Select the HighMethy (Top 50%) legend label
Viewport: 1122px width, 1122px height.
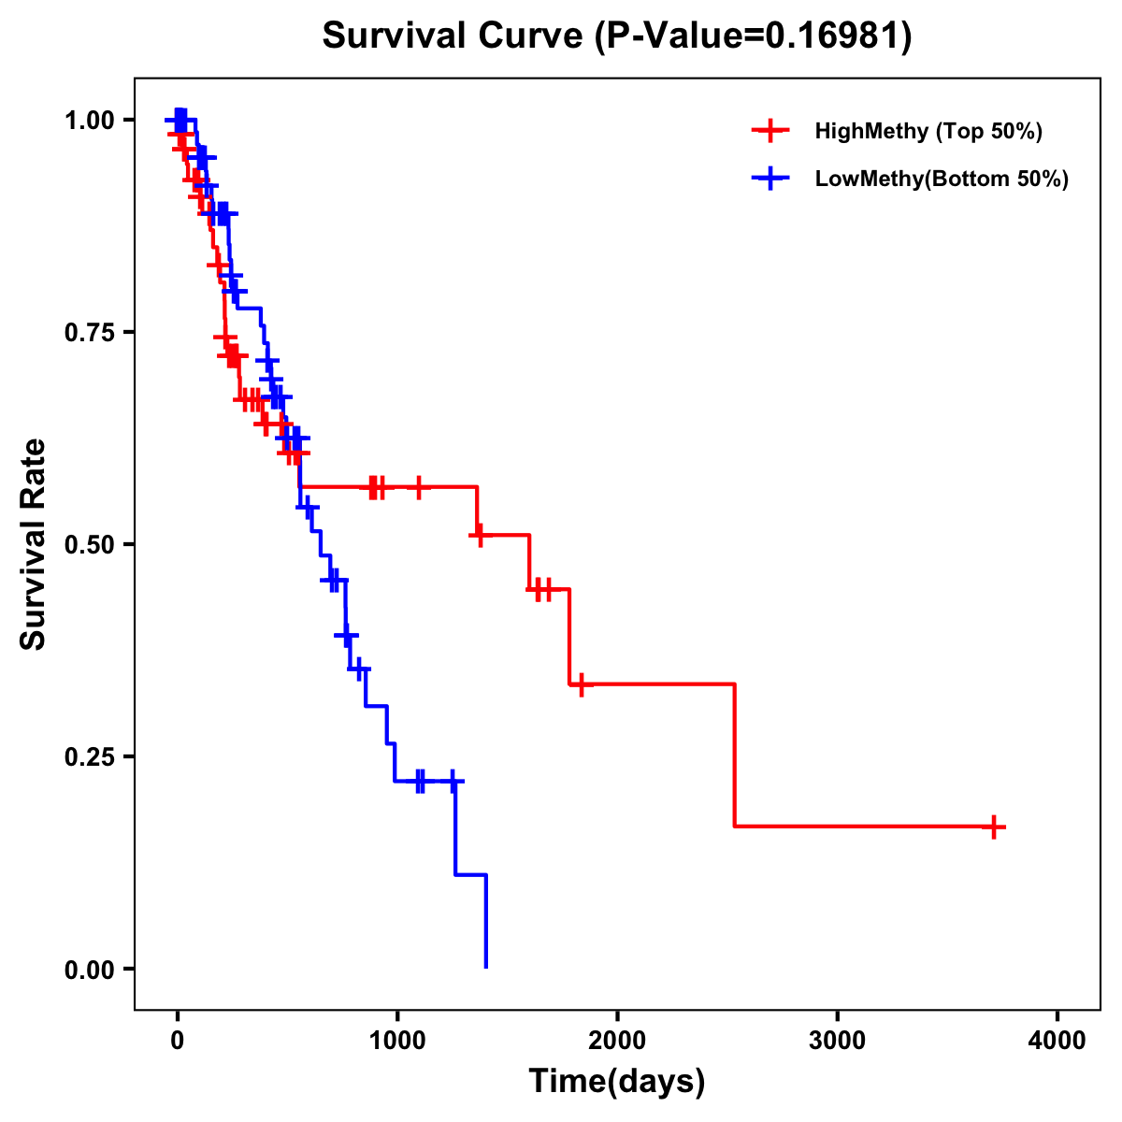928,131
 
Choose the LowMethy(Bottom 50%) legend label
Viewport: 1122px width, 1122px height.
942,179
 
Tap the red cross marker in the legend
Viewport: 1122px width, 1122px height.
770,131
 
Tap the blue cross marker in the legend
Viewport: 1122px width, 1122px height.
770,179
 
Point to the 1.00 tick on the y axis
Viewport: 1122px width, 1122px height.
89,121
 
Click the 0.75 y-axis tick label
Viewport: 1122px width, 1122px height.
89,333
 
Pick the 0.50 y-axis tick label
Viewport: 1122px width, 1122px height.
89,545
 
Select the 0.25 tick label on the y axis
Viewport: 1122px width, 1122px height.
89,757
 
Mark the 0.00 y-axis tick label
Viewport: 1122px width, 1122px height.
89,970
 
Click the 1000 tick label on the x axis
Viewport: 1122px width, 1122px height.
397,1041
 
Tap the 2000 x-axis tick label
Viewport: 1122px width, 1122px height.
617,1041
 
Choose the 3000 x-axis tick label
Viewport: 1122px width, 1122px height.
837,1041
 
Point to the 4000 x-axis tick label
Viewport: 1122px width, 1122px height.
1057,1041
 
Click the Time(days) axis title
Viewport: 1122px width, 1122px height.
617,1082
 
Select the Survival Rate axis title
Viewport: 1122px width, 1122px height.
35,544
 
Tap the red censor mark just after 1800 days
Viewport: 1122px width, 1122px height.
581,684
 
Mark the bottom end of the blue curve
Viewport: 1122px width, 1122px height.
486,966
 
